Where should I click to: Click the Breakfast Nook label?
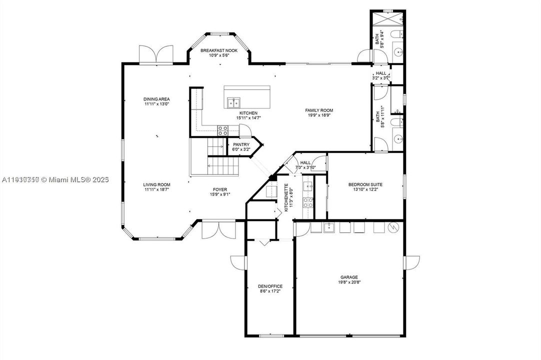[219, 50]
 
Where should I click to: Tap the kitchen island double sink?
[233, 103]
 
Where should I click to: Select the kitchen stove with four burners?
[222, 130]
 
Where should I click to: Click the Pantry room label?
[241, 144]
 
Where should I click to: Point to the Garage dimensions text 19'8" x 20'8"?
[349, 282]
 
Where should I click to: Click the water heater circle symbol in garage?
[393, 227]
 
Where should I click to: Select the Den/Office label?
[270, 286]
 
